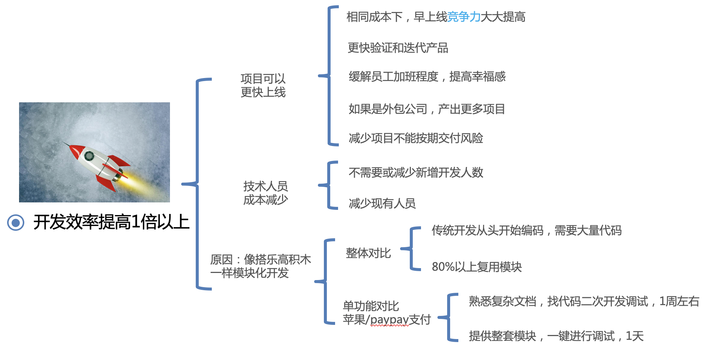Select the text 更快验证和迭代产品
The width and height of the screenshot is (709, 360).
[398, 48]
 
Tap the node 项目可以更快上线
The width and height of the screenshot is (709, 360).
[263, 86]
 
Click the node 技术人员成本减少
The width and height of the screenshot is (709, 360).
[265, 193]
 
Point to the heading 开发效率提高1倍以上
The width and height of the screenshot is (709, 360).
[111, 222]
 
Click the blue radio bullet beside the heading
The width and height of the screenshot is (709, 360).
[16, 223]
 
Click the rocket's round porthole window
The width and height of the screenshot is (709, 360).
[89, 156]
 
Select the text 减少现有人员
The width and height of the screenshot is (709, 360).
[382, 204]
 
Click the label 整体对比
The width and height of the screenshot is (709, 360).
[368, 253]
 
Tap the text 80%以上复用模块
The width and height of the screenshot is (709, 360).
[477, 267]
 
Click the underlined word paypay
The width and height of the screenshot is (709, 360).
[389, 320]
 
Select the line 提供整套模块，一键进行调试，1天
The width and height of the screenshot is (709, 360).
[556, 336]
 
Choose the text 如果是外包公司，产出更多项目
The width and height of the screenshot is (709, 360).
[427, 109]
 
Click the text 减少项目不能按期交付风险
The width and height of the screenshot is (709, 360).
[415, 138]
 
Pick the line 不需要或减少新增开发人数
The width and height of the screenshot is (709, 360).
[416, 173]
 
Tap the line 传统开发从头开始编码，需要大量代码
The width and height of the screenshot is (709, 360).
[526, 230]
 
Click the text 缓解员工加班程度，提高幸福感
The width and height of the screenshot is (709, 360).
[427, 77]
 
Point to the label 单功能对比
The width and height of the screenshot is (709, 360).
[371, 306]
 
